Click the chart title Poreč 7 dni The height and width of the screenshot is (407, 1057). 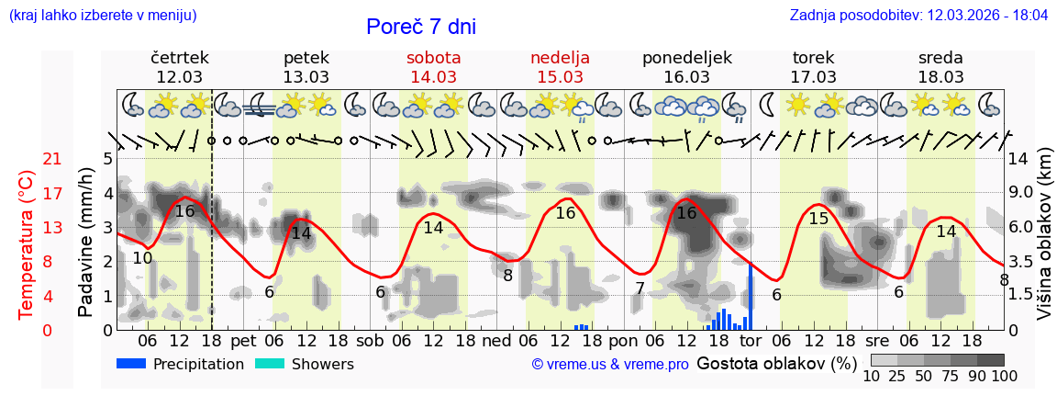(x=421, y=28)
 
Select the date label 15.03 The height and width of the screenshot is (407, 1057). (x=560, y=77)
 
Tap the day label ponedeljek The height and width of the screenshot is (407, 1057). (x=687, y=58)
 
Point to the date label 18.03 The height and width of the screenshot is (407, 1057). (x=940, y=77)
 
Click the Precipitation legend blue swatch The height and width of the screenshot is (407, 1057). (x=131, y=364)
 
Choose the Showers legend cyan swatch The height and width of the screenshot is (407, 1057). (x=270, y=364)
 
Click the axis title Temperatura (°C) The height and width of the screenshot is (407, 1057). (x=27, y=244)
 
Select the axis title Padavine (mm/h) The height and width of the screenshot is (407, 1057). (x=85, y=243)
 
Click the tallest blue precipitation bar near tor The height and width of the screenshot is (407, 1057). (x=751, y=296)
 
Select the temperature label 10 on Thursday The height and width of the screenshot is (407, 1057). (x=142, y=258)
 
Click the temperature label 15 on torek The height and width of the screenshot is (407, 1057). (x=818, y=219)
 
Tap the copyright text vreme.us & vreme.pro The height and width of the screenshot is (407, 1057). (x=610, y=365)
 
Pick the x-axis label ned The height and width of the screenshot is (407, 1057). (x=496, y=341)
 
